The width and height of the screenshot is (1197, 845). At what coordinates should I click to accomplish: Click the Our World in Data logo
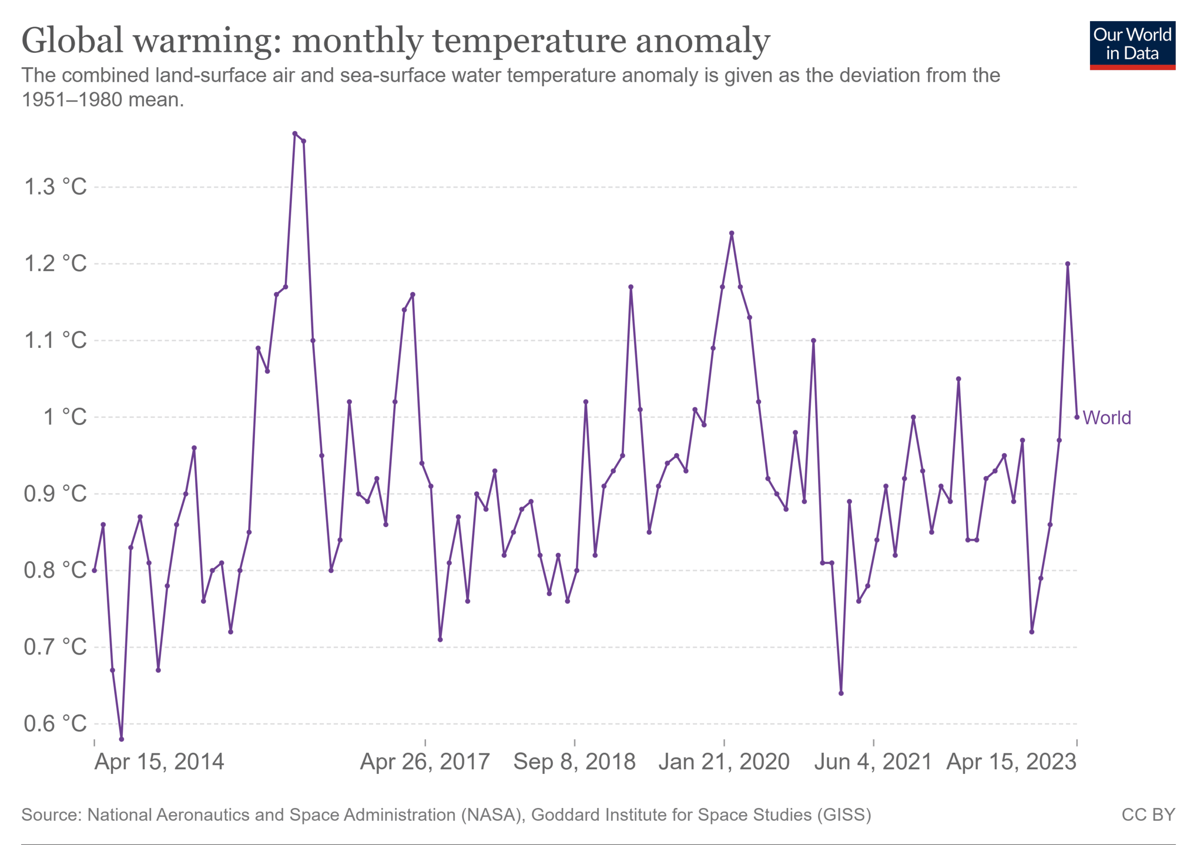(x=1132, y=45)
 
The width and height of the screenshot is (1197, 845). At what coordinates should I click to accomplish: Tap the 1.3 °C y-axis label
(x=55, y=187)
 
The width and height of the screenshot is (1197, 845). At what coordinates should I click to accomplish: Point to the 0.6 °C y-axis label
(x=55, y=723)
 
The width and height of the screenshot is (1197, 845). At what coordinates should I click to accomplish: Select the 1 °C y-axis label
(x=65, y=417)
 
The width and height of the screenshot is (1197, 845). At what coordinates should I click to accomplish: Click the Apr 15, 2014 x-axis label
(x=159, y=762)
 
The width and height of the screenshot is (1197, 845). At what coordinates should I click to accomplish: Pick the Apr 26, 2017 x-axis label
(x=425, y=762)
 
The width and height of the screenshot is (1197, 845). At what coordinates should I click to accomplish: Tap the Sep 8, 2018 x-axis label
(x=575, y=762)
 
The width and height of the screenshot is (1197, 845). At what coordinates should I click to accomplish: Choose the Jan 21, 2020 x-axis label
(x=724, y=762)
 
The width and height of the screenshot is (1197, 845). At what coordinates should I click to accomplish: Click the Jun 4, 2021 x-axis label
(x=873, y=762)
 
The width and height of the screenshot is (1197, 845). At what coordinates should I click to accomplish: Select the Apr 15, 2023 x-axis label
(x=1011, y=762)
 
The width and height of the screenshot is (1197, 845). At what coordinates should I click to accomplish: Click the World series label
(x=1107, y=418)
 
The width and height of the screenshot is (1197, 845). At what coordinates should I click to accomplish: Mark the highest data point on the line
(x=295, y=133)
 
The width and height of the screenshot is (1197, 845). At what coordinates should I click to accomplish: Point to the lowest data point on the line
(x=122, y=739)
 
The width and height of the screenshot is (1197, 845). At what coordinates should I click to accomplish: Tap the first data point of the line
(x=94, y=571)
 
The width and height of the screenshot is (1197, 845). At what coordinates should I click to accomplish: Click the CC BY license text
(x=1148, y=815)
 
